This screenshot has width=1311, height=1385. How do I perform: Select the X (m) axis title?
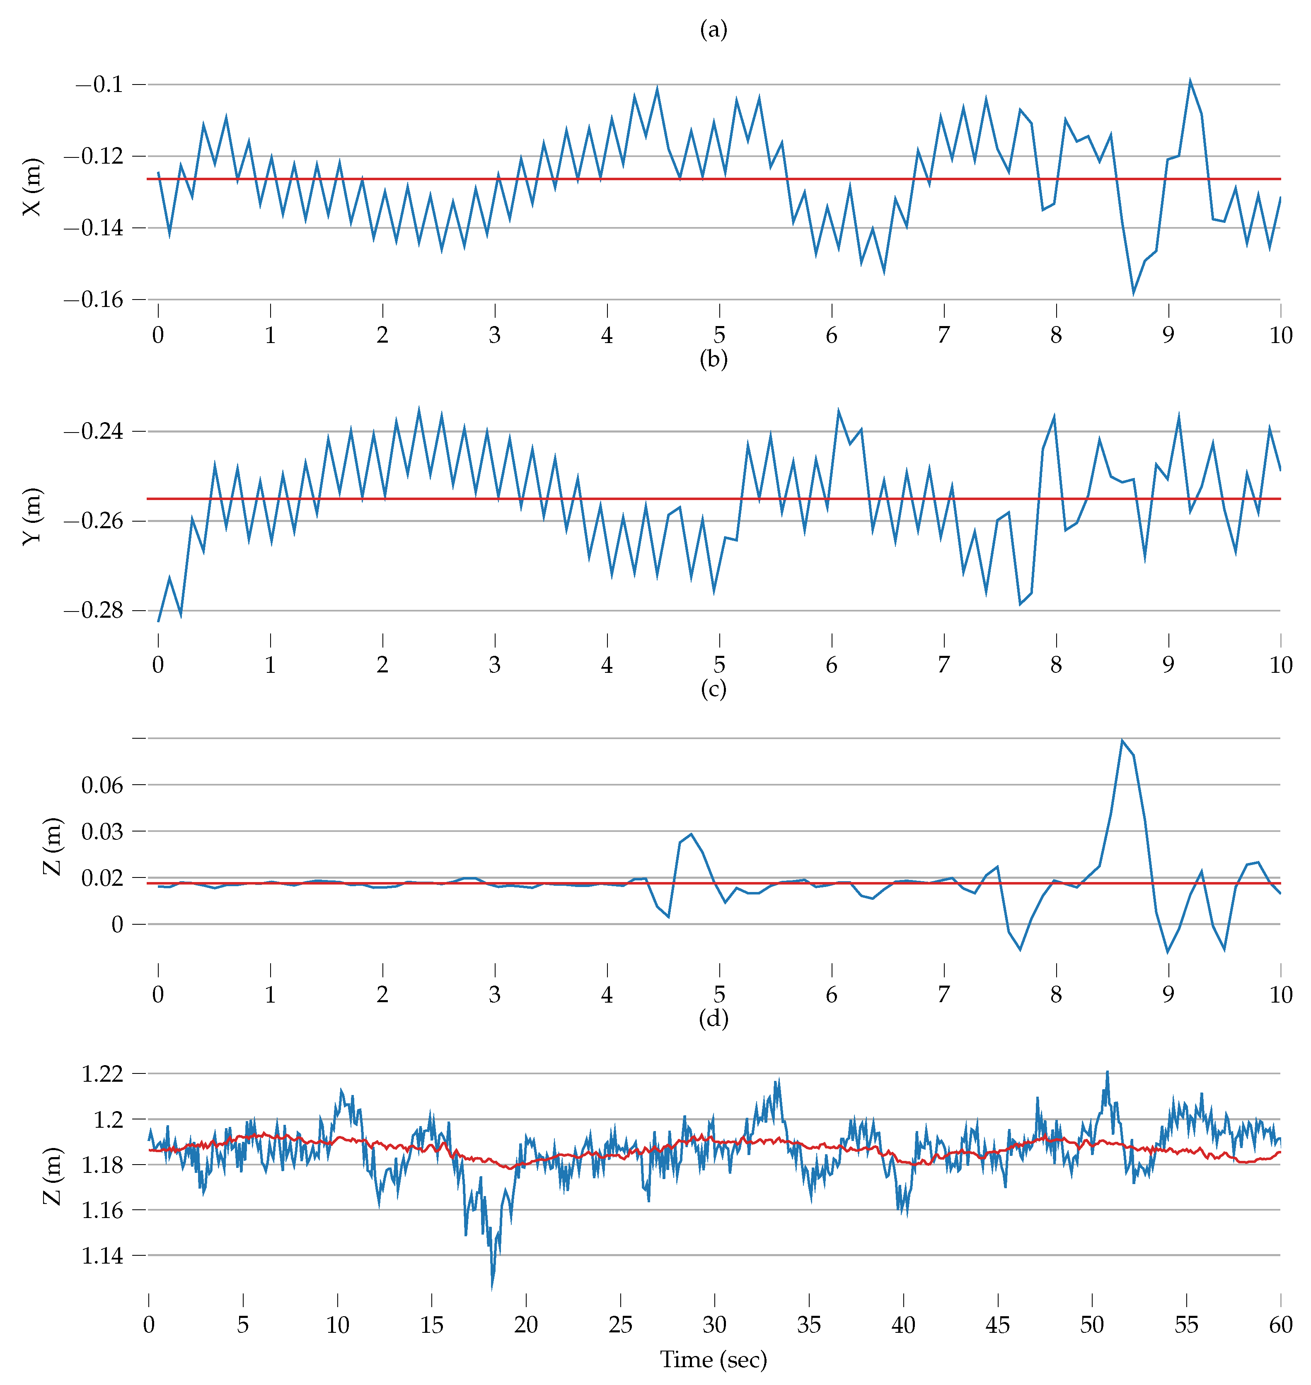[x=32, y=187]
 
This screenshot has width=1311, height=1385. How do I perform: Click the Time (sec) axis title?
[x=714, y=1359]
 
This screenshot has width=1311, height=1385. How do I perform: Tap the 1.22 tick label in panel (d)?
[x=102, y=1073]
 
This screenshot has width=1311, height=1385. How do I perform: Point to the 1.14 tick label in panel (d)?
[x=102, y=1256]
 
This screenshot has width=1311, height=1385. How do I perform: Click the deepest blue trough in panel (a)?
[x=1134, y=293]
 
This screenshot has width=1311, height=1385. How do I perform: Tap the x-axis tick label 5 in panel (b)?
[x=719, y=665]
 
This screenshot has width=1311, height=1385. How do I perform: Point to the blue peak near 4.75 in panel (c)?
[x=691, y=834]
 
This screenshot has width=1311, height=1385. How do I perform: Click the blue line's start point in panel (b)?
[x=159, y=621]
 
